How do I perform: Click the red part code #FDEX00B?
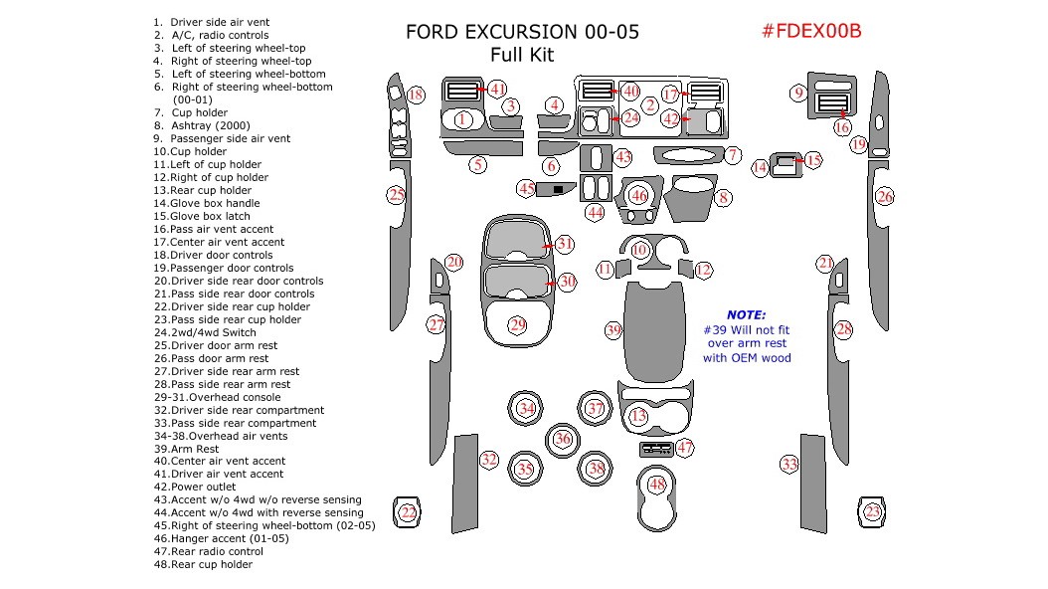(810, 31)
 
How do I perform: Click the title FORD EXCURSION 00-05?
(522, 32)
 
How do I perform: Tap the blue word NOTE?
(746, 314)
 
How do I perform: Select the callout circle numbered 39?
(613, 330)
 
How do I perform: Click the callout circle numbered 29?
(517, 324)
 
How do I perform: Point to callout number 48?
(656, 485)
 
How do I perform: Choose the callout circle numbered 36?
(563, 438)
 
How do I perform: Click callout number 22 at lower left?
(408, 512)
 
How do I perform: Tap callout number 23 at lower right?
(872, 512)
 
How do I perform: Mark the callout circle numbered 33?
(788, 465)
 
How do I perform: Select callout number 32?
(489, 460)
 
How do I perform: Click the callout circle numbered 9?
(797, 94)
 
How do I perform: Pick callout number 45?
(526, 188)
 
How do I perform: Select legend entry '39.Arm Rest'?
(186, 449)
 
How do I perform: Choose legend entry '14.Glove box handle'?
(201, 203)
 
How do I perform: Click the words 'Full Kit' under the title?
(522, 56)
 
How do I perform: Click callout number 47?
(685, 448)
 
